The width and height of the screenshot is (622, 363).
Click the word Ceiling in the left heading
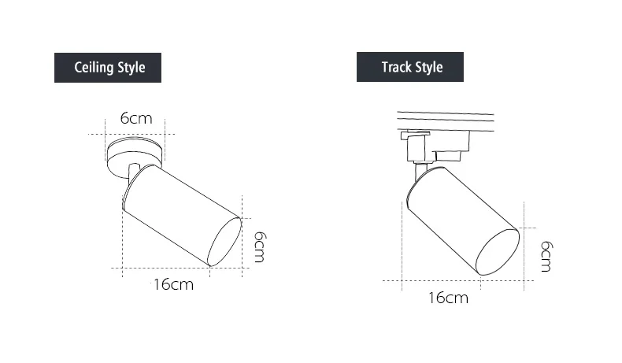pyautogui.click(x=94, y=68)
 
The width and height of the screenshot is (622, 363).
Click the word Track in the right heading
pyautogui.click(x=395, y=67)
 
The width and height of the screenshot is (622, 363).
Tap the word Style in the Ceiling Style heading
pyautogui.click(x=131, y=68)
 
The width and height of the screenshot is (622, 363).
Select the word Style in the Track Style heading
pyautogui.click(x=428, y=67)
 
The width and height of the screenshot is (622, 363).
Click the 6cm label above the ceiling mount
pyautogui.click(x=136, y=118)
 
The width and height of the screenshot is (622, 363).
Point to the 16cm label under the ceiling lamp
pyautogui.click(x=173, y=284)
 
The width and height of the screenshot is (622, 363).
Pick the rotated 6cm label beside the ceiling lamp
pyautogui.click(x=260, y=246)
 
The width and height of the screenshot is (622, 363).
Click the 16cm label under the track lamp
pyautogui.click(x=448, y=298)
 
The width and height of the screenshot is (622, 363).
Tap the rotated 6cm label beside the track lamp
pyautogui.click(x=546, y=256)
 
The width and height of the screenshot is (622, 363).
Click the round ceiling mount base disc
pyautogui.click(x=135, y=154)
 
